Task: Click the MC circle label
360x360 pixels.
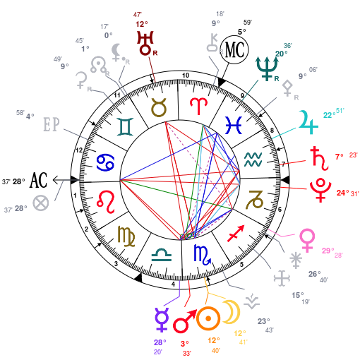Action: (x=234, y=49)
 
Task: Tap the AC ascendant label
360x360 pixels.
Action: (x=38, y=180)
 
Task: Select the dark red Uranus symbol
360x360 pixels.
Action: (x=145, y=43)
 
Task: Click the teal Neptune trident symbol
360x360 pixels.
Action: (x=267, y=68)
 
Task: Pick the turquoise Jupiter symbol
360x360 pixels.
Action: (x=308, y=122)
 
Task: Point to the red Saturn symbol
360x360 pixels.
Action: (x=319, y=158)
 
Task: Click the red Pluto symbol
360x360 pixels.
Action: (x=320, y=190)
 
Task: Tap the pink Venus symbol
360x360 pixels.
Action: (x=307, y=240)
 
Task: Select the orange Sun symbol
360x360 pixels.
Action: (x=208, y=318)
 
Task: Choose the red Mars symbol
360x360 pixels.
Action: (x=185, y=321)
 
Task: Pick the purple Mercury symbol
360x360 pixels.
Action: (x=162, y=320)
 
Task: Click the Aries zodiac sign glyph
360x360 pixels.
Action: (x=199, y=106)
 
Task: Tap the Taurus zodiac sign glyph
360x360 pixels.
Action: (x=159, y=107)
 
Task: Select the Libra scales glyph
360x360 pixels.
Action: (x=162, y=255)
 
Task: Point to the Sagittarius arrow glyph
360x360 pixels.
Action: (x=236, y=234)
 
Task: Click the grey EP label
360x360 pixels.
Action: (x=52, y=124)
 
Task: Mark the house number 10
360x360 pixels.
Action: (x=186, y=76)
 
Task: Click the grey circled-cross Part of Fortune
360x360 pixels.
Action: (x=41, y=203)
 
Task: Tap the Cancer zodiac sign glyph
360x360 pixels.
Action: (x=106, y=162)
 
